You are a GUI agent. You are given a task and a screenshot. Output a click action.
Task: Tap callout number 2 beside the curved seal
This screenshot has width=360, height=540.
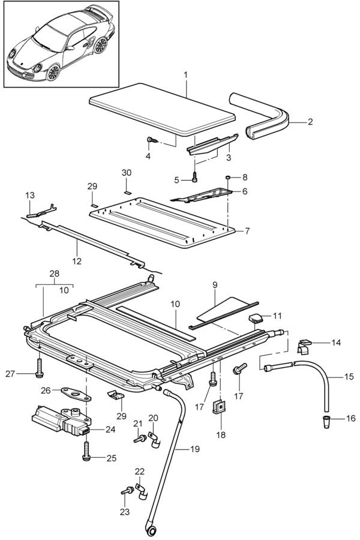pyautogui.click(x=310, y=122)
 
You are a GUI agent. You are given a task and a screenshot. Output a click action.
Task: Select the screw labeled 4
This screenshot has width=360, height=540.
pyautogui.click(x=151, y=141)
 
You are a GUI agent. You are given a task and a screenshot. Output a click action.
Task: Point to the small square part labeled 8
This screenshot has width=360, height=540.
pyautogui.click(x=228, y=178)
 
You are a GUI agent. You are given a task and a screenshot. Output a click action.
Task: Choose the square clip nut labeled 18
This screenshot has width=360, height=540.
pyautogui.click(x=221, y=408)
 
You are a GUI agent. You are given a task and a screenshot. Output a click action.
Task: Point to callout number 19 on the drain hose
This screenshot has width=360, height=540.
pyautogui.click(x=196, y=448)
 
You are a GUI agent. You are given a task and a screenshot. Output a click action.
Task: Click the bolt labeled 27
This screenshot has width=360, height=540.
pyautogui.click(x=39, y=367)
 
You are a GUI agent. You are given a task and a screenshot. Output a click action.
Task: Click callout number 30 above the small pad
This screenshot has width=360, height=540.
pyautogui.click(x=126, y=173)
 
